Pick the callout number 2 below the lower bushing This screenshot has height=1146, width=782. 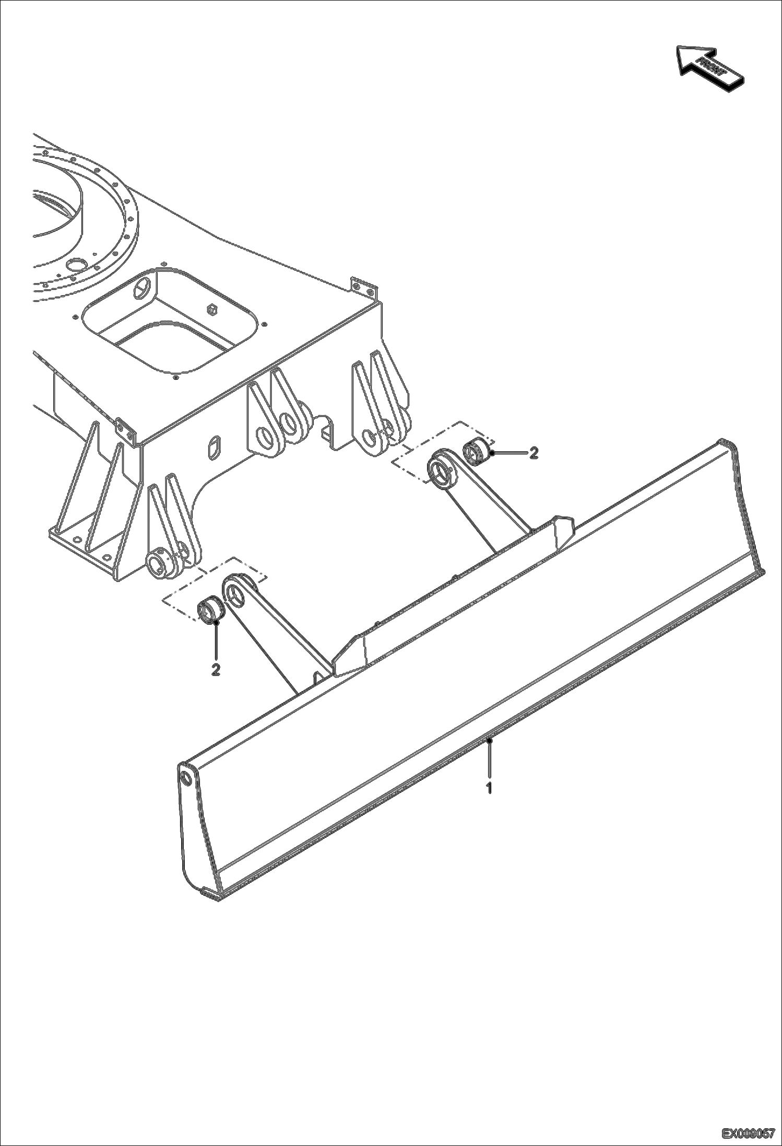click(215, 670)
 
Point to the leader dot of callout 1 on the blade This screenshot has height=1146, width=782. click(489, 741)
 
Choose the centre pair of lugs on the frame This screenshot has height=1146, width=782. click(279, 413)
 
